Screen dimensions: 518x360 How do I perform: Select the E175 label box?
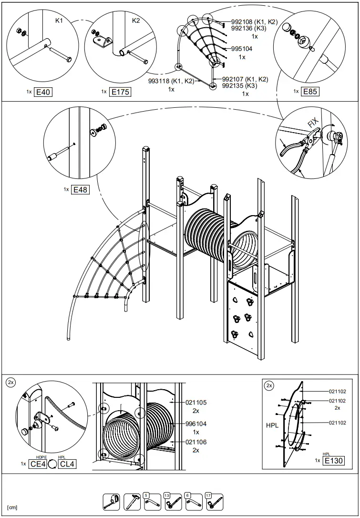pyautogui.click(x=120, y=92)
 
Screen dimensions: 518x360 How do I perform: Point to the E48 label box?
pyautogui.click(x=80, y=190)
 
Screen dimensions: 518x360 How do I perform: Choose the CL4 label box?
pyautogui.click(x=66, y=464)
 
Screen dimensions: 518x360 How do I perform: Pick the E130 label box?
pyautogui.click(x=334, y=460)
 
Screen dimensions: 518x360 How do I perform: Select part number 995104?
pyautogui.click(x=242, y=49)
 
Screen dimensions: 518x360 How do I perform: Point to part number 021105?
pyautogui.click(x=196, y=403)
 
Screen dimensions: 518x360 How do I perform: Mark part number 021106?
pyautogui.click(x=196, y=442)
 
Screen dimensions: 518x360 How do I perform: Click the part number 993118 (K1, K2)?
pyautogui.click(x=171, y=82)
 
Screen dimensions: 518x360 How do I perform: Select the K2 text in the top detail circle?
pyautogui.click(x=136, y=21)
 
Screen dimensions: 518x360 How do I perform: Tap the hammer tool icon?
pyautogui.click(x=132, y=501)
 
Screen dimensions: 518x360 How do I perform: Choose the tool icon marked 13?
pyautogui.click(x=172, y=501)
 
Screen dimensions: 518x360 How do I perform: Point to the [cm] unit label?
pyautogui.click(x=12, y=507)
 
